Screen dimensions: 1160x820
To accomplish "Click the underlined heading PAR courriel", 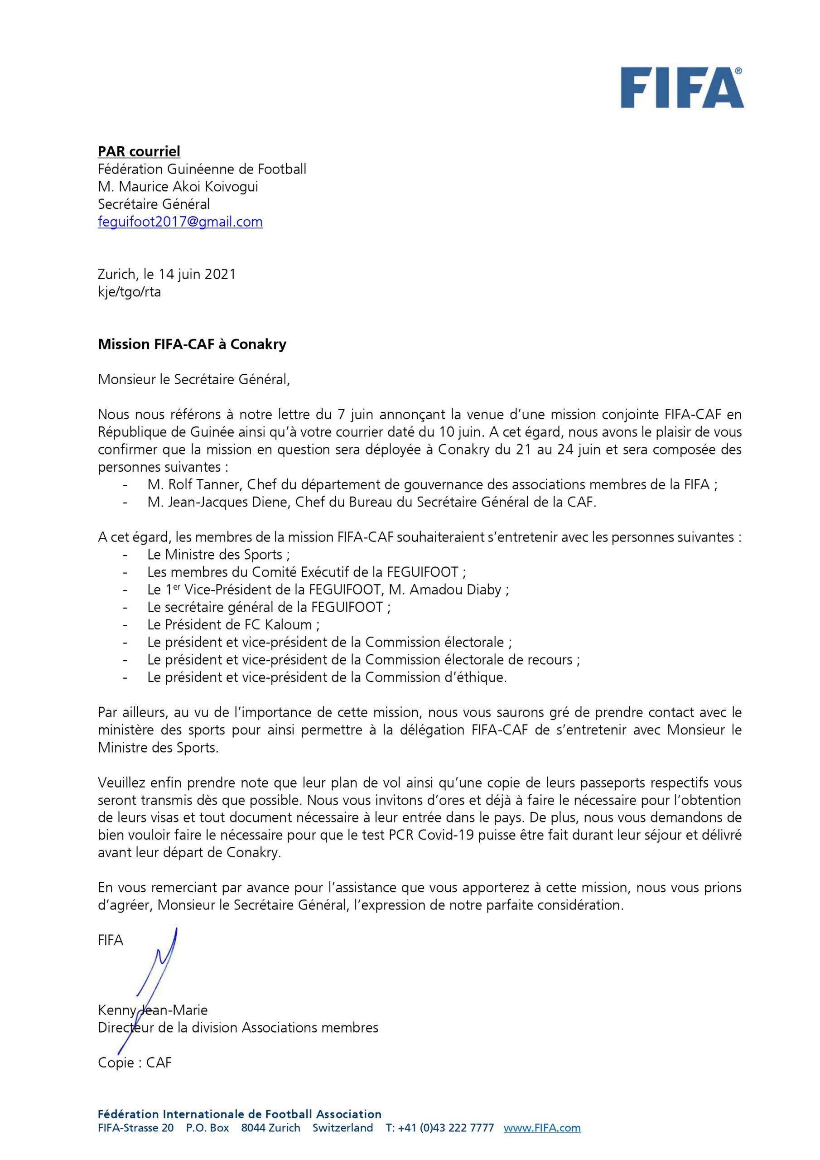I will tap(139, 151).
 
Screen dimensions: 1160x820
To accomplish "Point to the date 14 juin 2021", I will tap(197, 274).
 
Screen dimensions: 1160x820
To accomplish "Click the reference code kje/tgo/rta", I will tap(129, 291).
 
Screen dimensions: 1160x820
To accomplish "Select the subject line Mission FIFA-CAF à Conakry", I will tap(192, 344).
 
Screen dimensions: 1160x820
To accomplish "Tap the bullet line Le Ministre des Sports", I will tap(218, 555).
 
